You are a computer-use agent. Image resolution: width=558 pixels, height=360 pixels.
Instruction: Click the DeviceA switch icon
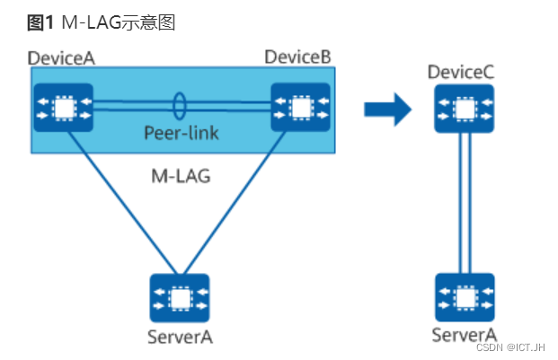pos(63,109)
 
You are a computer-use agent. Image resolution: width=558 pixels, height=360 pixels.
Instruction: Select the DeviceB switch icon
pos(300,109)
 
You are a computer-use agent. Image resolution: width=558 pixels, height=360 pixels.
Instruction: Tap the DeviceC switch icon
pos(465,109)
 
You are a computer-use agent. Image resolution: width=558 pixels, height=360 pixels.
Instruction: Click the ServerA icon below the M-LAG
pos(180,299)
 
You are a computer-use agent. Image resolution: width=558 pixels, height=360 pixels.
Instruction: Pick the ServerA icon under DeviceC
pos(465,299)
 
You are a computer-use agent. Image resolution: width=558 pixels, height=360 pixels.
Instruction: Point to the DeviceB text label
pos(297,57)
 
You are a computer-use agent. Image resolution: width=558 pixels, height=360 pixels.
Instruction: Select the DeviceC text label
pos(461,72)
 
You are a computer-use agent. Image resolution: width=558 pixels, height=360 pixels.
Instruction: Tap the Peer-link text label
pos(181,134)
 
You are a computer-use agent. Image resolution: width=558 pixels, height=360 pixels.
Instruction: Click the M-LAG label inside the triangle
pos(180,176)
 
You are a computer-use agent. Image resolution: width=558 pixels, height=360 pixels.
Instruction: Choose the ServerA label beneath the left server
pos(180,338)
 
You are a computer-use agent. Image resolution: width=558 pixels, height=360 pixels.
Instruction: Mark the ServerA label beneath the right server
pos(464,335)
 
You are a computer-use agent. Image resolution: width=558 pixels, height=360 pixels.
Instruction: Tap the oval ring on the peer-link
pos(181,105)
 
